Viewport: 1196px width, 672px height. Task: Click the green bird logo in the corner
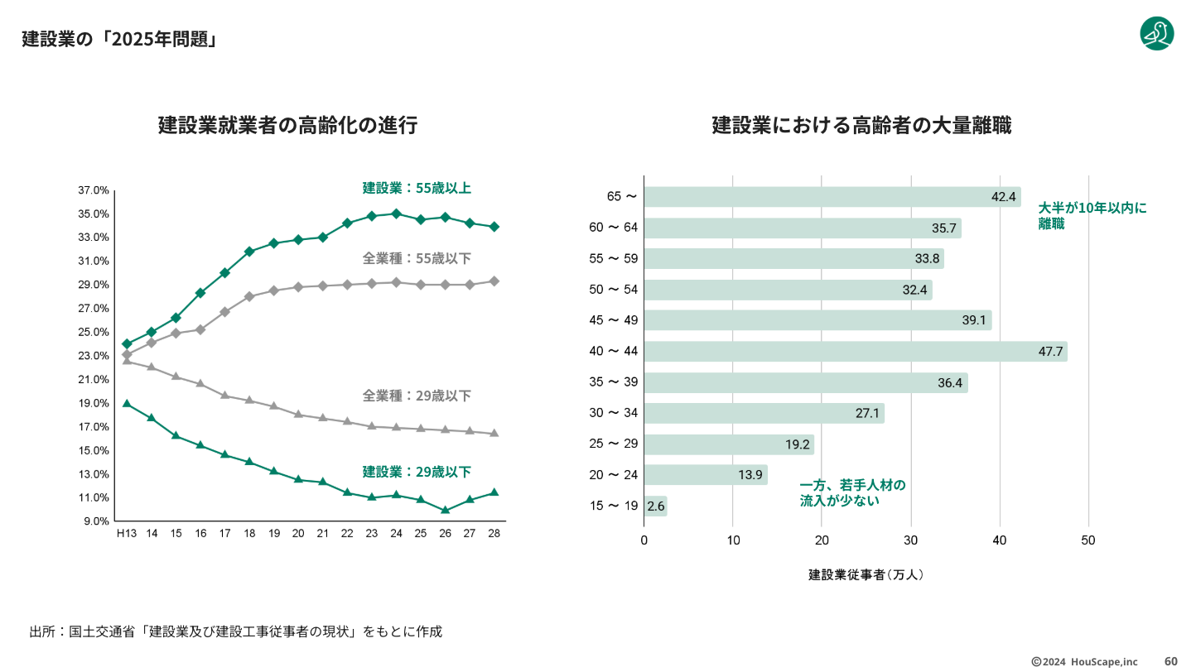click(1157, 34)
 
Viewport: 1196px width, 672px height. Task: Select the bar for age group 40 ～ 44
click(855, 352)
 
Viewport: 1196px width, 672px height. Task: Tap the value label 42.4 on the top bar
click(1003, 197)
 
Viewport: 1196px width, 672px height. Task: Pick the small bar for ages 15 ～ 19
click(655, 506)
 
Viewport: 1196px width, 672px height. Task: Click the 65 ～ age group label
click(621, 197)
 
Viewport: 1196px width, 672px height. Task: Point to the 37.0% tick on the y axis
click(94, 190)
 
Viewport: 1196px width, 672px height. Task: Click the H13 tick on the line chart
click(126, 534)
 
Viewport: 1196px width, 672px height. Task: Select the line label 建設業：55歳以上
click(417, 188)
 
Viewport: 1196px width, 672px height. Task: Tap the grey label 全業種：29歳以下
click(417, 396)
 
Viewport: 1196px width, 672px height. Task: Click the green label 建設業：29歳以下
click(417, 472)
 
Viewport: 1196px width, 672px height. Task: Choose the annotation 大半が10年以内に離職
click(1092, 215)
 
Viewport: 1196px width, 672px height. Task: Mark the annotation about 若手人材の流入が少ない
click(852, 492)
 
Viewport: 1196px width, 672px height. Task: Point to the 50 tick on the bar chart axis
click(1088, 540)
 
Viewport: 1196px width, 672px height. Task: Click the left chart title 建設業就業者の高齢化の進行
click(287, 126)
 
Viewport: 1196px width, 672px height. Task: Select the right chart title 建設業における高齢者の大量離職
click(861, 126)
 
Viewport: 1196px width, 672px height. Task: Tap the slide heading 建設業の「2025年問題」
click(120, 39)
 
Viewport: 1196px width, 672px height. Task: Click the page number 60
click(1171, 661)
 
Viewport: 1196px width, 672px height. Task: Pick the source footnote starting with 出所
click(235, 631)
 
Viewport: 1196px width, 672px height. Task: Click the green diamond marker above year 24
click(397, 214)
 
